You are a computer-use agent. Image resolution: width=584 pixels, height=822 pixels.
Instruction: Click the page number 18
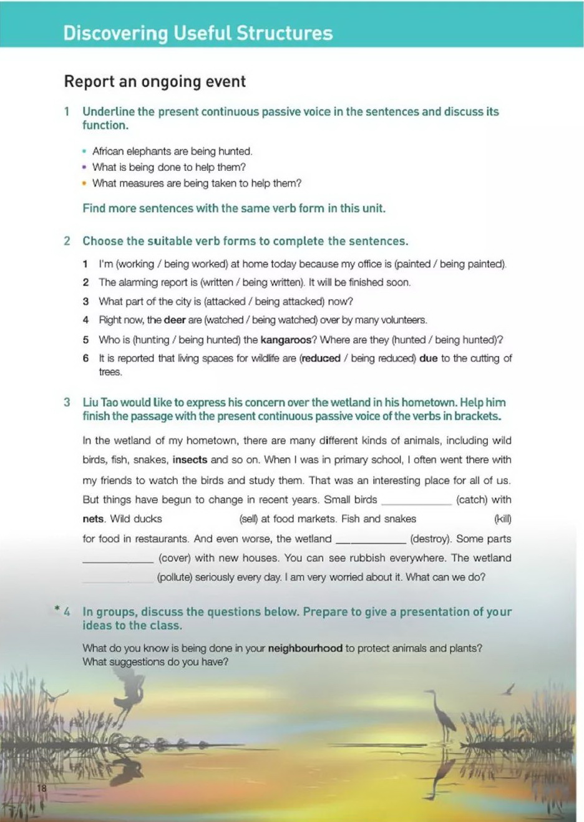pyautogui.click(x=42, y=788)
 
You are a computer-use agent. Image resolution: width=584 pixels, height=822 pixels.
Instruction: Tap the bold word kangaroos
pyautogui.click(x=286, y=340)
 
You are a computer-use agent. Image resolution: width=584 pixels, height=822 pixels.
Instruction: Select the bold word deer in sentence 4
pyautogui.click(x=175, y=320)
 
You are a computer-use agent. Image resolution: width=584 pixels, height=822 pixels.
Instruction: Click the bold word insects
pyautogui.click(x=190, y=460)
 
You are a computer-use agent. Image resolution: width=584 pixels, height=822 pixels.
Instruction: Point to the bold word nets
pyautogui.click(x=93, y=519)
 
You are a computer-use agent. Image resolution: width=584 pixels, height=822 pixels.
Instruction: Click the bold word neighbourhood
pyautogui.click(x=305, y=648)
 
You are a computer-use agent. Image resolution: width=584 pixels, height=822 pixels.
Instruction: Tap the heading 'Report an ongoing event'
pyautogui.click(x=155, y=82)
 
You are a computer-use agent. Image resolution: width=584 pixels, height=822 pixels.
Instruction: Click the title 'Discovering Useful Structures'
pyautogui.click(x=198, y=33)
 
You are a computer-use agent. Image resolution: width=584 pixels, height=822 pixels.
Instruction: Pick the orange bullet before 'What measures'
pyautogui.click(x=84, y=183)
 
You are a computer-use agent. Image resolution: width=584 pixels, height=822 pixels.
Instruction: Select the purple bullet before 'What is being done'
pyautogui.click(x=84, y=167)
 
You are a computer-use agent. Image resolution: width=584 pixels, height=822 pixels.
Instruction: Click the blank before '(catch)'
pyautogui.click(x=416, y=501)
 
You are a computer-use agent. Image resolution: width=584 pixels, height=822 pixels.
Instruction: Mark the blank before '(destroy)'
pyautogui.click(x=371, y=540)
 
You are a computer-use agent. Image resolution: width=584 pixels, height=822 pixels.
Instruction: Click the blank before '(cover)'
pyautogui.click(x=118, y=559)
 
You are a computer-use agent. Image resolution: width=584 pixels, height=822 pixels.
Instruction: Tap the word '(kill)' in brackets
pyautogui.click(x=502, y=519)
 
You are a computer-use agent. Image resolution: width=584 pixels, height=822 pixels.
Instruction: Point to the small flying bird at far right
pyautogui.click(x=510, y=689)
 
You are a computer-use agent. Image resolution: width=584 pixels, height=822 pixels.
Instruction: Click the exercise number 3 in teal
pyautogui.click(x=67, y=402)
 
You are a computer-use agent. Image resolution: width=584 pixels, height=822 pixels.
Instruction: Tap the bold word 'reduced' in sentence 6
pyautogui.click(x=321, y=359)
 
